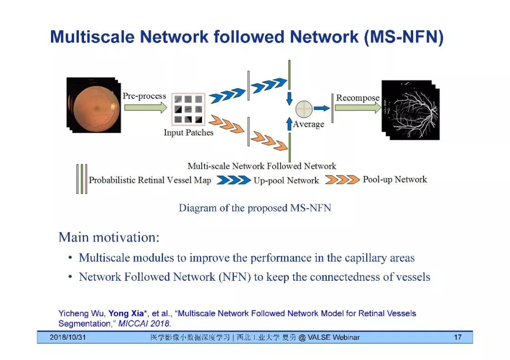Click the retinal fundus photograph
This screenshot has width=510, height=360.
92,105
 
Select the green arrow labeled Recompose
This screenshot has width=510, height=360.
358,108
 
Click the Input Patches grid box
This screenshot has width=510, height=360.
188,109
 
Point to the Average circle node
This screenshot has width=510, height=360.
304,109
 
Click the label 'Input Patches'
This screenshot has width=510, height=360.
188,133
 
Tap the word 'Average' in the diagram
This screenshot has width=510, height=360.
308,124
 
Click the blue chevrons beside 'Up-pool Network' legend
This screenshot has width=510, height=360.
233,180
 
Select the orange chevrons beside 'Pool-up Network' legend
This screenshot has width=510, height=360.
342,179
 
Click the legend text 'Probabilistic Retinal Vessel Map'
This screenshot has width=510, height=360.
150,180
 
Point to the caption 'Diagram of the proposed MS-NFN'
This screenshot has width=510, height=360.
255,208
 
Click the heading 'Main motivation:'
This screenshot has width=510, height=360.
109,237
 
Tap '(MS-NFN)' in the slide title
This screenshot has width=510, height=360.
404,37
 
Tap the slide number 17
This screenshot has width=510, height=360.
457,337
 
